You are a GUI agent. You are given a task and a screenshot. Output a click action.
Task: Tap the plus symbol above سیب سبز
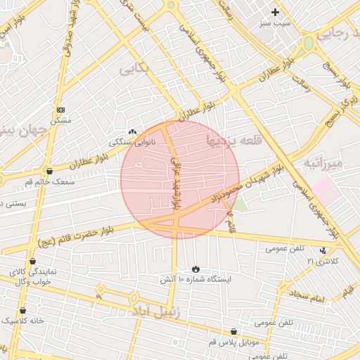275,12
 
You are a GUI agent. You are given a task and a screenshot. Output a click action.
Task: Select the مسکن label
62,121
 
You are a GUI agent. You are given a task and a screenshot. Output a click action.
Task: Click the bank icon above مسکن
60,110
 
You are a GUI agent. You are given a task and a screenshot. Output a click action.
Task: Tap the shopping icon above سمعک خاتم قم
49,170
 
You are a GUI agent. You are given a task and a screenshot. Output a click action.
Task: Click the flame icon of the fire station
195,269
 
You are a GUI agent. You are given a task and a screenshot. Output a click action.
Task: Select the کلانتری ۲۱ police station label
322,261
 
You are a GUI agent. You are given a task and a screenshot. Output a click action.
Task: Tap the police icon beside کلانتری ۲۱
323,250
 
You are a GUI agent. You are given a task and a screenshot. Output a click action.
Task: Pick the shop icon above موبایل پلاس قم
234,331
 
